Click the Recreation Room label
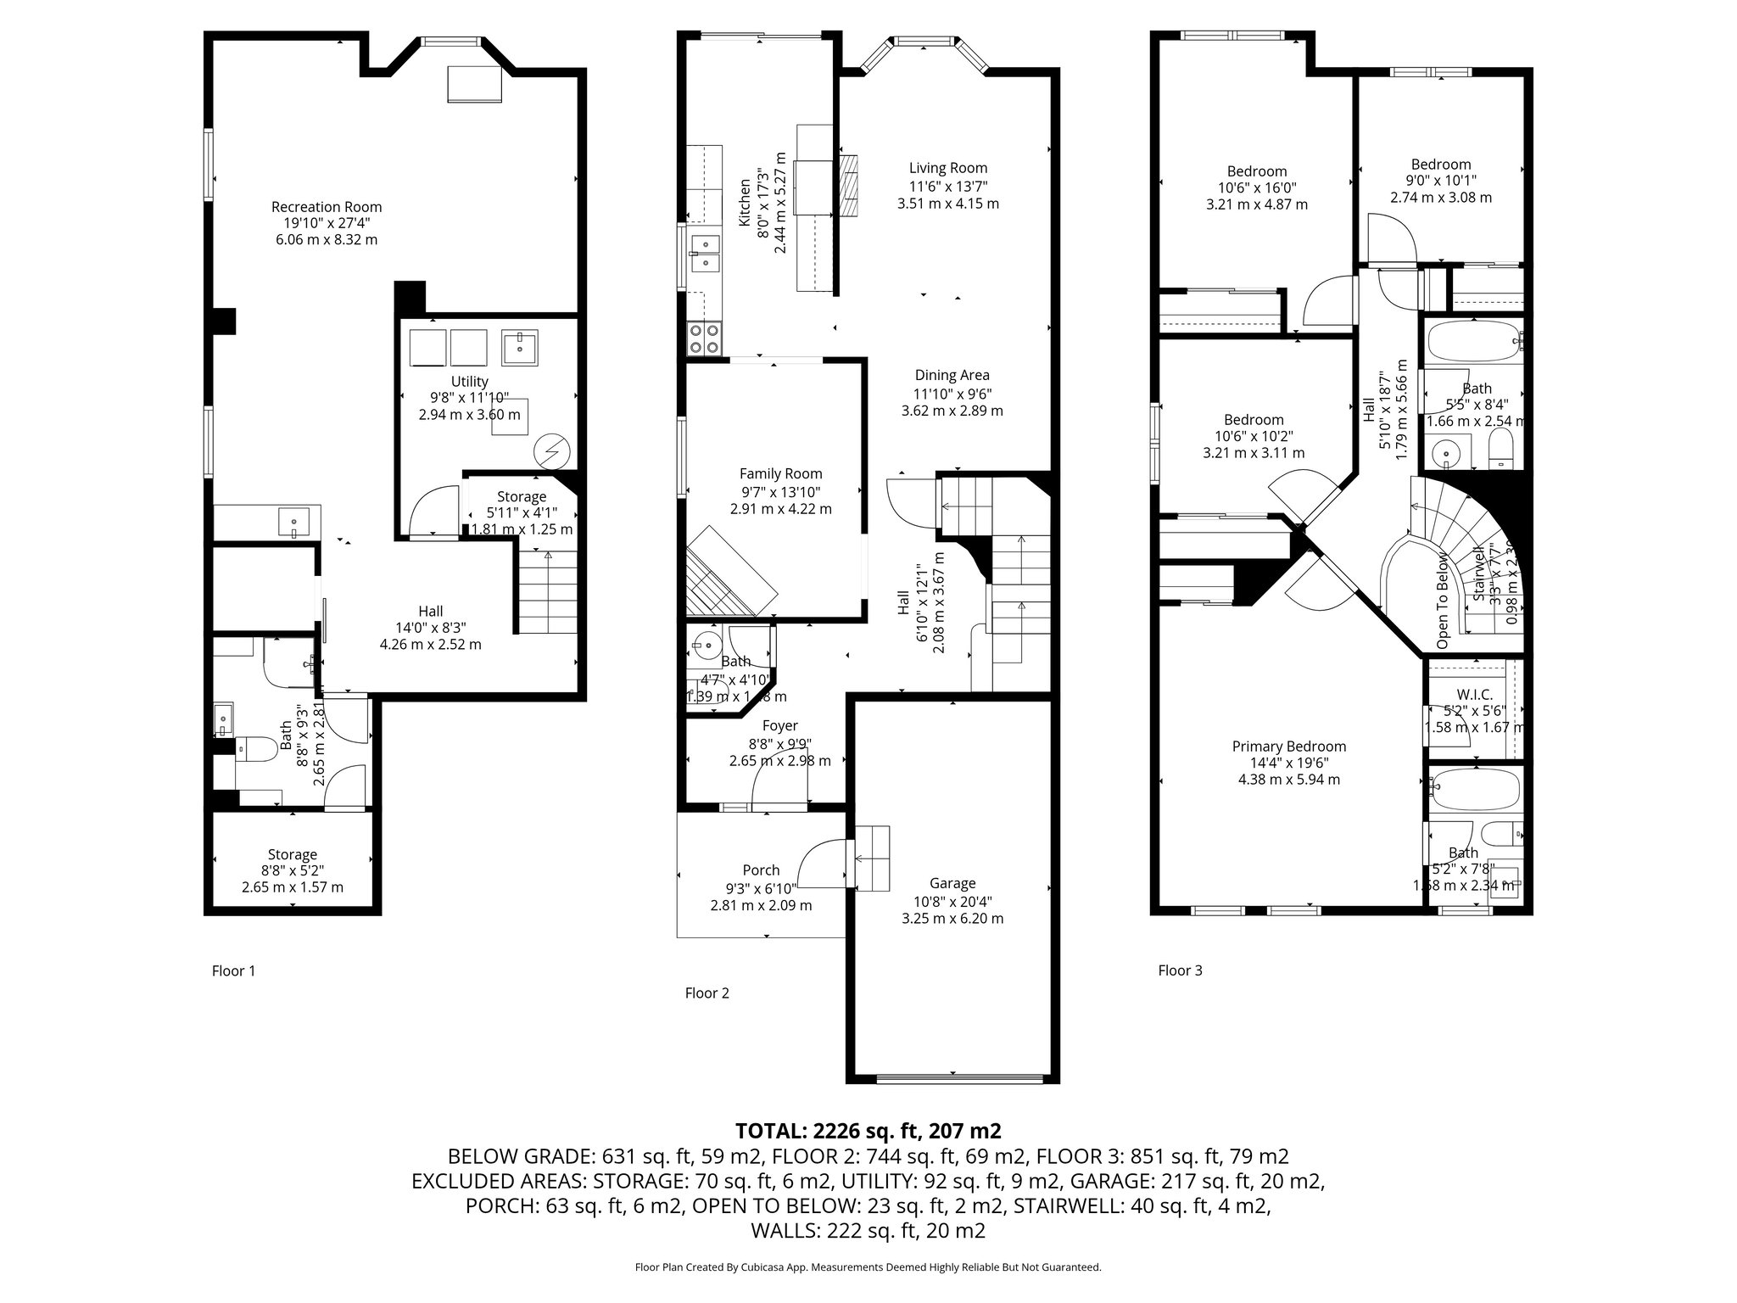[x=327, y=207]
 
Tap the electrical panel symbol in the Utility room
[x=553, y=451]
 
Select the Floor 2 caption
[x=707, y=993]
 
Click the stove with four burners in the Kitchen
[x=704, y=338]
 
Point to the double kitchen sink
[x=704, y=253]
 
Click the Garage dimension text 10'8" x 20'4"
[x=952, y=901]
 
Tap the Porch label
[x=761, y=870]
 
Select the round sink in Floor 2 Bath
[x=704, y=645]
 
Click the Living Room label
[x=948, y=168]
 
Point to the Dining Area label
[x=952, y=375]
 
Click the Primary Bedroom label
[x=1288, y=747]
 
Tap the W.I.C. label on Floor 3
[x=1474, y=695]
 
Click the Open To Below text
[x=1443, y=601]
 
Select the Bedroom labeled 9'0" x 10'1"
[x=1440, y=165]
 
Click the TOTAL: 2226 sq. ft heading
[x=868, y=1131]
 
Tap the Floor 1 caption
[x=233, y=970]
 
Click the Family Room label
[x=780, y=474]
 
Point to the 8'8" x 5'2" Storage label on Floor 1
[x=293, y=855]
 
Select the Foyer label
[x=779, y=726]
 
